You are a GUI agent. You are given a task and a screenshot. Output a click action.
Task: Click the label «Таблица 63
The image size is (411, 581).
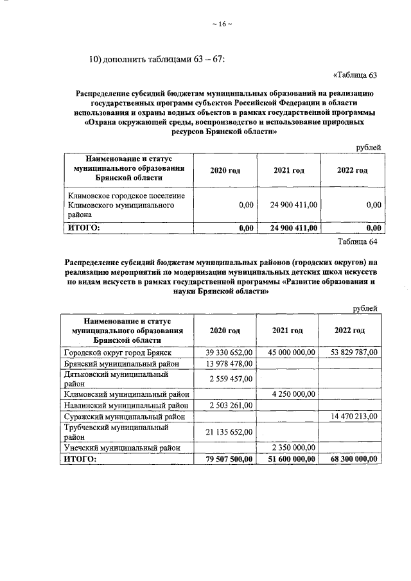(x=354, y=74)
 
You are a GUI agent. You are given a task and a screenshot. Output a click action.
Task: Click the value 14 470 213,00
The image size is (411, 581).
(x=354, y=417)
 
